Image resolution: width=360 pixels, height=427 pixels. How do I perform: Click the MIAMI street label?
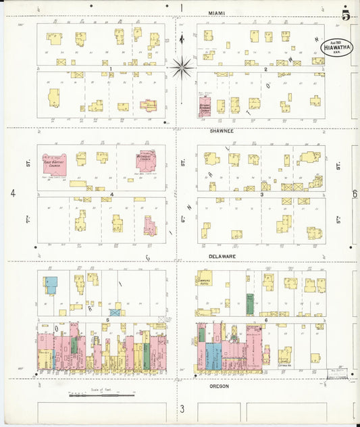coord(217,13)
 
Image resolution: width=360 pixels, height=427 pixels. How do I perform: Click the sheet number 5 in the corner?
coord(346,16)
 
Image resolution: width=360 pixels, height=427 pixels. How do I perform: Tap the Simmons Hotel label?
coord(205,280)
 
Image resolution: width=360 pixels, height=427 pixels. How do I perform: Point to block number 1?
coord(109,69)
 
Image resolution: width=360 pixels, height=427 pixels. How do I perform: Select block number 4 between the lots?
coord(111,195)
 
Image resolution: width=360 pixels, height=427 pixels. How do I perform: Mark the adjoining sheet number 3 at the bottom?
coord(182,409)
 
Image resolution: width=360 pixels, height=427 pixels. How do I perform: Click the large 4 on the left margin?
coord(13,193)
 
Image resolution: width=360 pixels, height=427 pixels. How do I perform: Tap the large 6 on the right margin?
coord(354,194)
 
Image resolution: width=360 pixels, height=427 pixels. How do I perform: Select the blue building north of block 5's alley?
coord(51,284)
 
